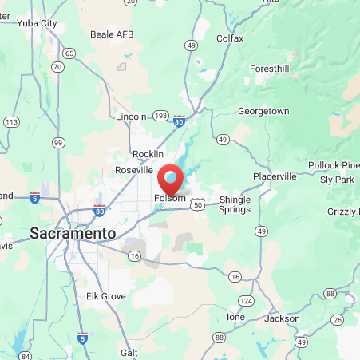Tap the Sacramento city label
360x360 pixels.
coord(73,233)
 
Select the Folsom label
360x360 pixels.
coord(170,198)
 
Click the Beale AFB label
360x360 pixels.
coord(112,35)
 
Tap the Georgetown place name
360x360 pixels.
coord(263,111)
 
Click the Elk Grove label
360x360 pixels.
coord(106,296)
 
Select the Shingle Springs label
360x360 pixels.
coord(235,204)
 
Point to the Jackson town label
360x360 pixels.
coord(283,318)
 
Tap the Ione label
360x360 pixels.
coord(235,317)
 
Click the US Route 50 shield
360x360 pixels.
coord(197,205)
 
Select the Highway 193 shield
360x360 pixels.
coord(161,116)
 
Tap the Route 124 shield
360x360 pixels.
coord(247,301)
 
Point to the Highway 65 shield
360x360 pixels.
coord(70,53)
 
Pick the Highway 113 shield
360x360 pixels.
coord(11,122)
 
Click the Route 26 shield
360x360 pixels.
coord(337,320)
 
